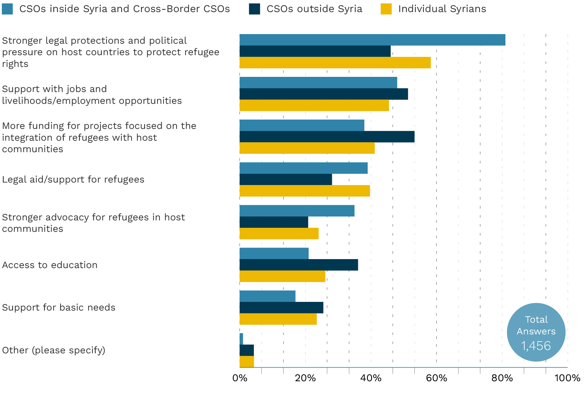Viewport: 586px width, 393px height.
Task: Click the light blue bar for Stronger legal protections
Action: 372,40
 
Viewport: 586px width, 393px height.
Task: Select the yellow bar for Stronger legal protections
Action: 335,63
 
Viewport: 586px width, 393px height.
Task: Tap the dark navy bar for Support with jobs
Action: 324,94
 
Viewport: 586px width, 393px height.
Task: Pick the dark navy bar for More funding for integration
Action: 327,137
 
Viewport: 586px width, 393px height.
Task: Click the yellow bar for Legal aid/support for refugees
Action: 305,191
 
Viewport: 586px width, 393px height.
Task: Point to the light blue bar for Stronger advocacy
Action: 297,211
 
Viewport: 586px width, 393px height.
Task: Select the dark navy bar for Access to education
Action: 299,265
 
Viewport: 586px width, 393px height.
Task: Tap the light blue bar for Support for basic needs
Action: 267,296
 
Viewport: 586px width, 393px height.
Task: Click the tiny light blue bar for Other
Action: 241,339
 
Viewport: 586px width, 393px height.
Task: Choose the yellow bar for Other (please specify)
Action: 247,362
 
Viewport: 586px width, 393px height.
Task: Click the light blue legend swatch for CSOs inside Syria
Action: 7,9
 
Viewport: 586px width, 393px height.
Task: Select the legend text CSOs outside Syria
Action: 314,9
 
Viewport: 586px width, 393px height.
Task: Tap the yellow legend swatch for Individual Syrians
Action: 386,9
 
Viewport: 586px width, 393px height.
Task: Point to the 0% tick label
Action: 240,378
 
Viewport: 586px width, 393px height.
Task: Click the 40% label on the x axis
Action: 371,378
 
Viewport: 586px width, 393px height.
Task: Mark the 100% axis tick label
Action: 567,378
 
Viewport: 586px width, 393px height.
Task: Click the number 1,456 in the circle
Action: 536,346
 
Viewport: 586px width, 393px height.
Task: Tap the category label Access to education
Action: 50,265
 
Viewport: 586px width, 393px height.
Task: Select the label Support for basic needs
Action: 59,307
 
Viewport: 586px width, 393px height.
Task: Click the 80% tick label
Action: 502,378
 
